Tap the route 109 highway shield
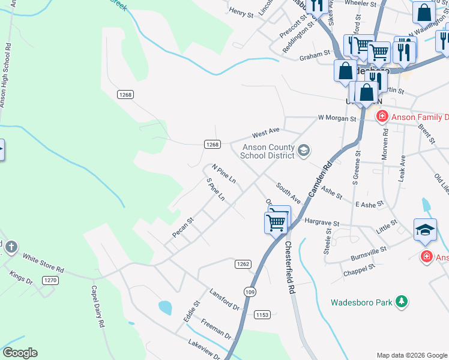[x=250, y=291]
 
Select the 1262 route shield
[x=243, y=263]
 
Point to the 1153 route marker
[x=262, y=314]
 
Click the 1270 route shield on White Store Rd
[x=50, y=280]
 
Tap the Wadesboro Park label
[x=361, y=302]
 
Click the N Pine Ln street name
[x=223, y=173]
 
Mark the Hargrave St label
[x=322, y=221]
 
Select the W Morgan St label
[x=337, y=118]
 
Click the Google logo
[x=20, y=353]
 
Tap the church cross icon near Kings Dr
[x=10, y=247]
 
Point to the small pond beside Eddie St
[x=165, y=308]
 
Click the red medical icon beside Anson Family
[x=381, y=116]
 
